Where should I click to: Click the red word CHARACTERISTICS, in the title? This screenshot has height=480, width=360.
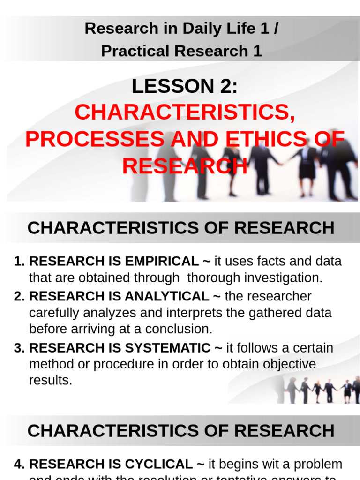coord(185,112)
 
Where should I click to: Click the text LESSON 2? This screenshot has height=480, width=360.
coord(185,86)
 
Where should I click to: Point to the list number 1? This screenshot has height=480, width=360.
coord(19,261)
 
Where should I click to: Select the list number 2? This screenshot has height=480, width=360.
coord(19,296)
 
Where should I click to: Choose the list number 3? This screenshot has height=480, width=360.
coord(19,348)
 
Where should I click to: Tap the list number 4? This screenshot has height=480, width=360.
coord(19,464)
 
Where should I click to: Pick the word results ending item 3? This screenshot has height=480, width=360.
coord(50,380)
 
